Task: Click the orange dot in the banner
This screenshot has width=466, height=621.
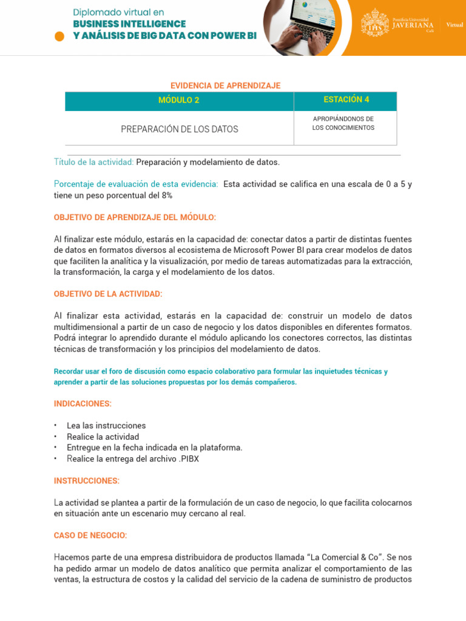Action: tap(59, 36)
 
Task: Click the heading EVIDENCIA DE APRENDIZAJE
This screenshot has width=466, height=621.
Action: tap(225, 86)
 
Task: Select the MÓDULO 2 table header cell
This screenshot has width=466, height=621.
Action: tap(179, 101)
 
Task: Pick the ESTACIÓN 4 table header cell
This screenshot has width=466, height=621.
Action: tap(346, 100)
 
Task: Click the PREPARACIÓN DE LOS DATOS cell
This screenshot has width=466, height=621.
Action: tap(179, 129)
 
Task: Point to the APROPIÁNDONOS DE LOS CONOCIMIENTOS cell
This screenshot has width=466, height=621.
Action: tap(343, 123)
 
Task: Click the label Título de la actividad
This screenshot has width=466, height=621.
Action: tap(94, 162)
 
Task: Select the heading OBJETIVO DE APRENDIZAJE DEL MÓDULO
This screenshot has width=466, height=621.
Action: tap(135, 217)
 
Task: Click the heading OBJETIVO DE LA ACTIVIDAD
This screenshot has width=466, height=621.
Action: tap(108, 294)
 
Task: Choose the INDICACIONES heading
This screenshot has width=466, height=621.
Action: tap(83, 404)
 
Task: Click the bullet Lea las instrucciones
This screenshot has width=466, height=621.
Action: tap(106, 426)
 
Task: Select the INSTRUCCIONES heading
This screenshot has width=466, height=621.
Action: tap(86, 481)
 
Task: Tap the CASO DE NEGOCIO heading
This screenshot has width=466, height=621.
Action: tap(90, 535)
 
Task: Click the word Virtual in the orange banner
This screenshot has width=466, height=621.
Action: tap(454, 25)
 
